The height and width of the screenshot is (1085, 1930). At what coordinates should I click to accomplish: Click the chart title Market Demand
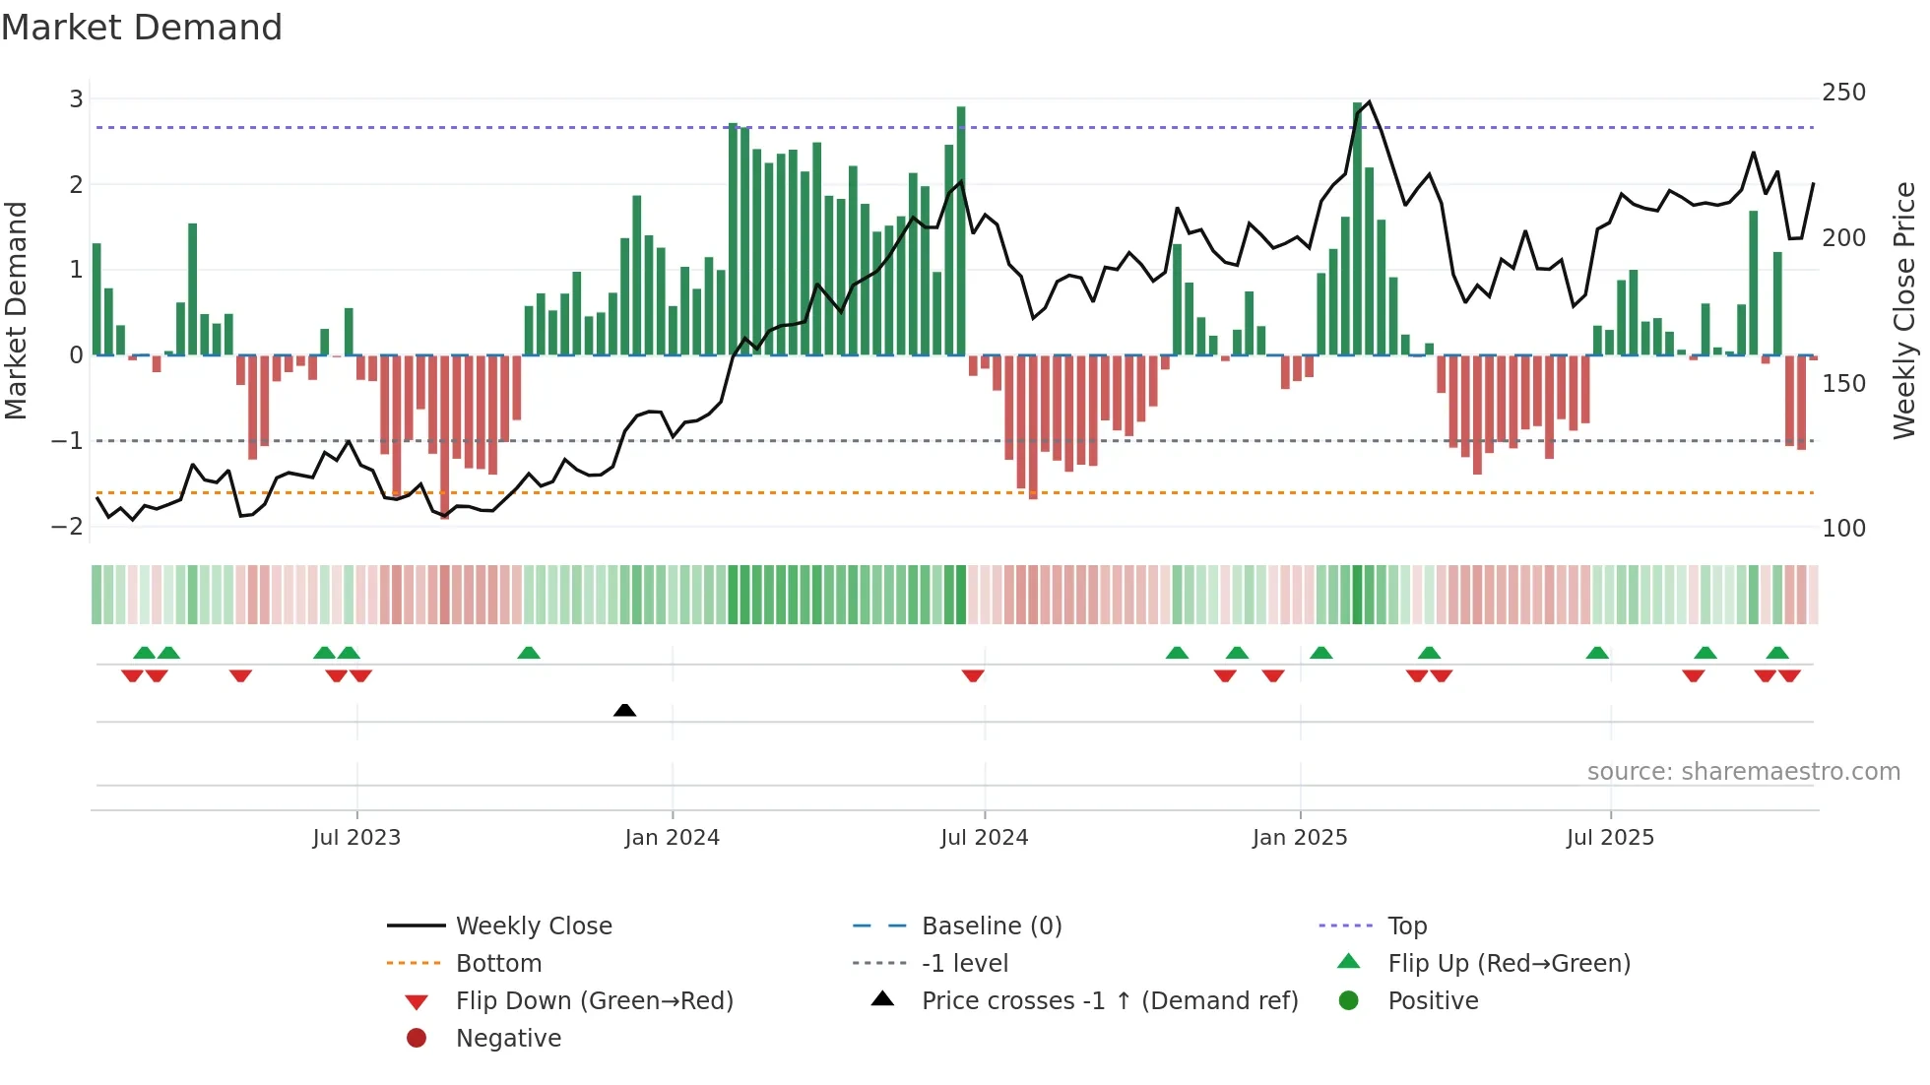tap(142, 28)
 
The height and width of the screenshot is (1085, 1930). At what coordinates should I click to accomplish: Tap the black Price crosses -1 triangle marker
tap(624, 710)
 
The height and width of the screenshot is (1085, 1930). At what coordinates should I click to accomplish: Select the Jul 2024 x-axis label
tap(984, 838)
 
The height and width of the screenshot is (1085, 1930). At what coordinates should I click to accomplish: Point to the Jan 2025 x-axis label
tap(1300, 838)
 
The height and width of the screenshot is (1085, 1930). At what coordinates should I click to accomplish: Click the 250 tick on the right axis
tap(1843, 93)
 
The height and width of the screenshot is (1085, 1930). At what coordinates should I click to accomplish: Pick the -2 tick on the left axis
tap(68, 527)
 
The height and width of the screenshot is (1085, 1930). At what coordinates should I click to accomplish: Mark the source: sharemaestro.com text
tap(1743, 772)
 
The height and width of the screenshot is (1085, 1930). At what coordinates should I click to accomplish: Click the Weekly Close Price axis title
tap(1904, 310)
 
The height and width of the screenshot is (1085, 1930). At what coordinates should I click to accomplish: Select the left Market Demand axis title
tap(16, 310)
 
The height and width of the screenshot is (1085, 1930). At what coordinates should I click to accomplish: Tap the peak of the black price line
tap(1369, 101)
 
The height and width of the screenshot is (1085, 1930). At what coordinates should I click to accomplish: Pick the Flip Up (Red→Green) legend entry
tap(1509, 964)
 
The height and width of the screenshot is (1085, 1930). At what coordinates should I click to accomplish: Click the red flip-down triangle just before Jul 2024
tap(973, 675)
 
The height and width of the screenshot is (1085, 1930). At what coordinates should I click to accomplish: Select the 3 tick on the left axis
tap(76, 99)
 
